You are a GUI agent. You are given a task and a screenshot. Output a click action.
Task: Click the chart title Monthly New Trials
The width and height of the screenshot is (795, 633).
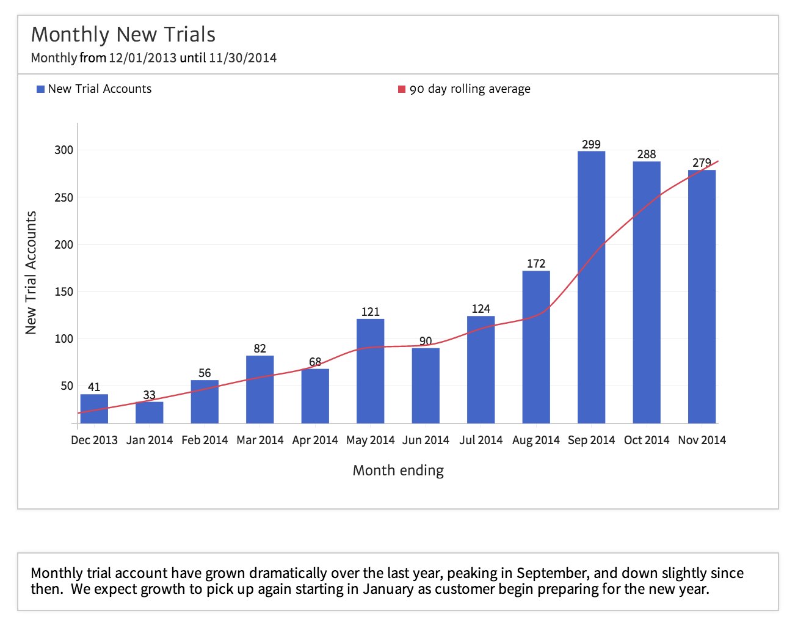(123, 35)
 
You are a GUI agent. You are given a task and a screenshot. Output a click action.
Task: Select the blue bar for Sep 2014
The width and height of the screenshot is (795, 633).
(591, 287)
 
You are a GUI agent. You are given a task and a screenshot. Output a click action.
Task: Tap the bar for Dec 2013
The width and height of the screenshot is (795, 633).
(94, 409)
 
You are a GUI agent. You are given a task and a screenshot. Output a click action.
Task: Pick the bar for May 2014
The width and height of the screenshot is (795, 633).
(370, 371)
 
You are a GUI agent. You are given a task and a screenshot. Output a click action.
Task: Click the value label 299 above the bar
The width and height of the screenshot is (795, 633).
(591, 144)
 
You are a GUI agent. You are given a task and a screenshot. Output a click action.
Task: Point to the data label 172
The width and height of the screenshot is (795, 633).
(535, 263)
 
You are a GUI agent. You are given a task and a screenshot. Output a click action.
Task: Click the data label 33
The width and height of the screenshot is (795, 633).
(149, 395)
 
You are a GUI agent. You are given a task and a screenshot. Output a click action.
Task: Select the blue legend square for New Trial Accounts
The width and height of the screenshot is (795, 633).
(41, 89)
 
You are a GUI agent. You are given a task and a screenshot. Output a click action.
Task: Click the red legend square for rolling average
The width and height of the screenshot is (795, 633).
(402, 89)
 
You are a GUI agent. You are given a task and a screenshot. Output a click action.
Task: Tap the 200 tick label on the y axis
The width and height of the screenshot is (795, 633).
(64, 244)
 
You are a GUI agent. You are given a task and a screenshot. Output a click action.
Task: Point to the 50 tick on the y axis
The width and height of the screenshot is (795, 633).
(67, 386)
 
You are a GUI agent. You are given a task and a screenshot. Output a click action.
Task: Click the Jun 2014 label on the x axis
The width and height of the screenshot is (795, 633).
(426, 440)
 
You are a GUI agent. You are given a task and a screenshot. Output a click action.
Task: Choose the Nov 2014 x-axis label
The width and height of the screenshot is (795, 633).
(702, 440)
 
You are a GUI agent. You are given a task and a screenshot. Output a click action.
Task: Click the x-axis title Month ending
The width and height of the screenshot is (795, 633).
(398, 470)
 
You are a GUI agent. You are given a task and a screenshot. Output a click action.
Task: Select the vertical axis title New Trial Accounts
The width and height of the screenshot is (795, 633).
(31, 273)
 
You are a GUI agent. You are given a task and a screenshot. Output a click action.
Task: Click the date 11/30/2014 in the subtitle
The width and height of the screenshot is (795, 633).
(242, 58)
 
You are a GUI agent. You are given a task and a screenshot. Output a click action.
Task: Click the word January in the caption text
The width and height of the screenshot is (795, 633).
(388, 589)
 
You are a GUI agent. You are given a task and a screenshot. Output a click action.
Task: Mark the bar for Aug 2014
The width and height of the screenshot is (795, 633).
(536, 347)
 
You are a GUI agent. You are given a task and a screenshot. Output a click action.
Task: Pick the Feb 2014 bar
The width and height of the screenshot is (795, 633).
(205, 401)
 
